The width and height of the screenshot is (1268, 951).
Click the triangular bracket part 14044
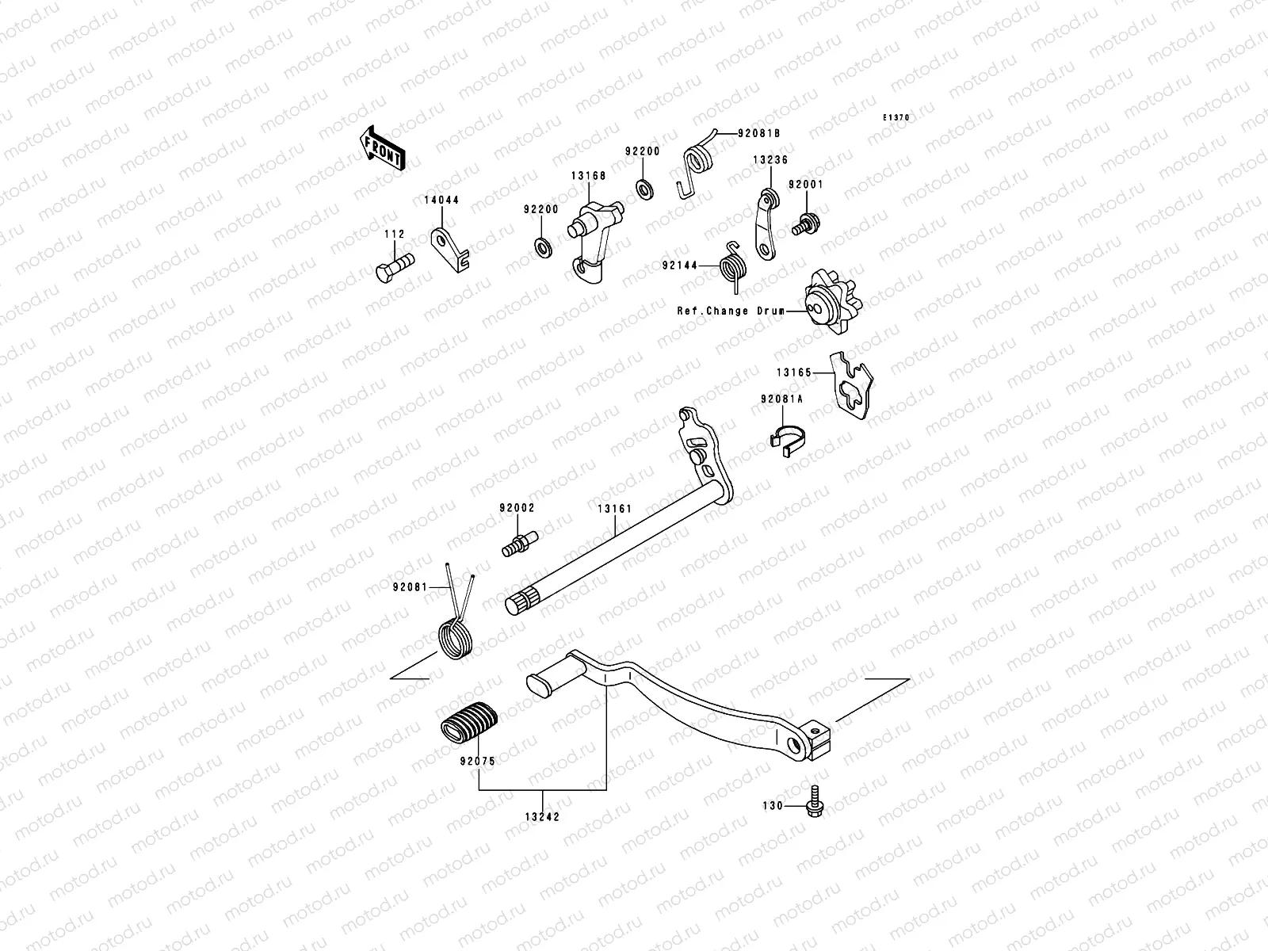click(x=448, y=249)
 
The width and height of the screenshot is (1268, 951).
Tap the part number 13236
click(x=770, y=160)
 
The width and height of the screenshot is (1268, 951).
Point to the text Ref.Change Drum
click(x=729, y=311)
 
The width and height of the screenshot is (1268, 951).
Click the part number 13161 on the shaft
click(x=616, y=509)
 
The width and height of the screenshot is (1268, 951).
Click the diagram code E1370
click(x=897, y=118)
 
